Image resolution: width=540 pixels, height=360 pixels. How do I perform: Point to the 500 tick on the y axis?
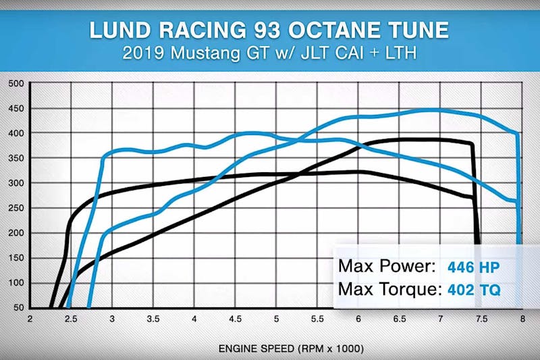16,84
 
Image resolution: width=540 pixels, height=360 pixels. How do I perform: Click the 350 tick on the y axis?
16,158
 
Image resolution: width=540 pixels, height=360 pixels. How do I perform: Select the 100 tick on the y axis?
16,282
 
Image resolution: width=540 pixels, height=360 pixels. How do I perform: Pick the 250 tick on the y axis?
16,208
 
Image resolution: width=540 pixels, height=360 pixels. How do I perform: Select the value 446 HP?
473,266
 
